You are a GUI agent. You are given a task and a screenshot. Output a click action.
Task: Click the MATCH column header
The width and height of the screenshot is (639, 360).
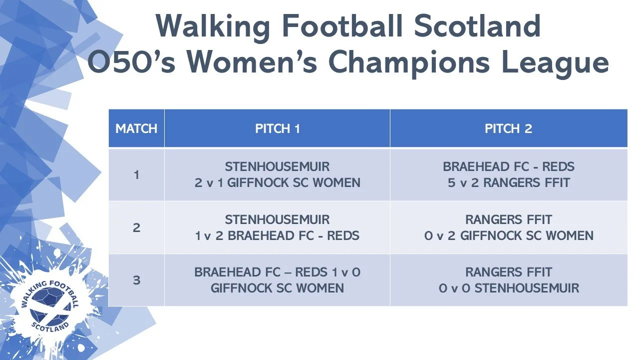136,128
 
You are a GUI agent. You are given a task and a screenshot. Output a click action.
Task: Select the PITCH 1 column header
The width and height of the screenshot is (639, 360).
277,128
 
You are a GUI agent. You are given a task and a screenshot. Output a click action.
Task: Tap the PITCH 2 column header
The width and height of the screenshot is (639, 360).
509,128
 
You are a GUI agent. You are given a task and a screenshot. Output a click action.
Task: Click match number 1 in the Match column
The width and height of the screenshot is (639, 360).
136,175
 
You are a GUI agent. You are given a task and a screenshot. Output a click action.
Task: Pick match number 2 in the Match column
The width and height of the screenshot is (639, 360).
136,227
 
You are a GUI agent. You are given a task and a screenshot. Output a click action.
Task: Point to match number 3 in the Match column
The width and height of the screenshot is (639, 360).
136,280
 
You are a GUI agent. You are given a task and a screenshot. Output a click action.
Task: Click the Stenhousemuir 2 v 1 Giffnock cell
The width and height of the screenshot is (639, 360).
277,175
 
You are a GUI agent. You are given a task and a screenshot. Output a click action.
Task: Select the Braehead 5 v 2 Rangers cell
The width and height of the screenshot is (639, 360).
509,175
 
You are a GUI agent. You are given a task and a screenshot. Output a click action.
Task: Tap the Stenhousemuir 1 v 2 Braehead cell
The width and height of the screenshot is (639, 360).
277,227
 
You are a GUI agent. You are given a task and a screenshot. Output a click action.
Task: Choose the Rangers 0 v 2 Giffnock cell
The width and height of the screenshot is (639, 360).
509,227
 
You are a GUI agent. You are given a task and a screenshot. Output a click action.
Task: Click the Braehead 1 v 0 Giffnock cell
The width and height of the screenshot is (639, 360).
277,280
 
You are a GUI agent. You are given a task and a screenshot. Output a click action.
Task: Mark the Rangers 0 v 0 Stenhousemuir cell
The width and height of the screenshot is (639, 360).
509,280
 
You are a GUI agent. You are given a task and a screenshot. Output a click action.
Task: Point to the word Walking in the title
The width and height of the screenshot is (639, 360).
213,27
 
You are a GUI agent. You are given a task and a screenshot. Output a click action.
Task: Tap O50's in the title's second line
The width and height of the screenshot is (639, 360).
131,62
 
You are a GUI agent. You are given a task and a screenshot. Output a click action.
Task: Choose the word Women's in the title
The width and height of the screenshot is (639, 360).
252,62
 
